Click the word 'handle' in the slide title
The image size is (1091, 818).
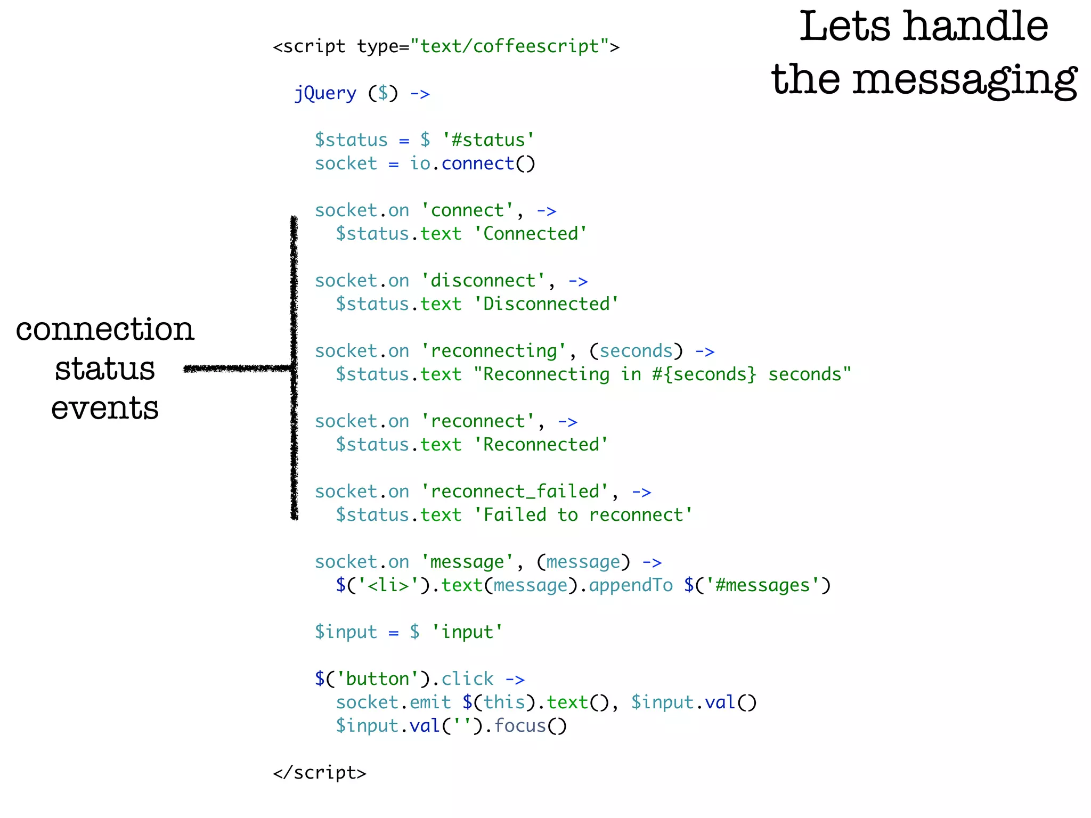coord(976,27)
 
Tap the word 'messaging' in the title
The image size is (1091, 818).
coord(965,80)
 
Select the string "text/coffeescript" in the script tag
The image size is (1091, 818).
coord(510,47)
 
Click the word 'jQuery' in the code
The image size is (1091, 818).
coord(325,94)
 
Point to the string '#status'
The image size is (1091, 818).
coord(488,140)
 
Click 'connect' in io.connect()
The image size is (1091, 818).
coord(477,163)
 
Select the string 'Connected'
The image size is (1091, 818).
coord(530,234)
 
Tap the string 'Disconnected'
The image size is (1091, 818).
coord(546,304)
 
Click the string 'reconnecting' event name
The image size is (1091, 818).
coord(493,351)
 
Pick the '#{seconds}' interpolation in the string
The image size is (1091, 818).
coord(704,374)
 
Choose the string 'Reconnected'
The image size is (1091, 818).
coord(541,445)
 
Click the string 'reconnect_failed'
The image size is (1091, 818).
coord(515,492)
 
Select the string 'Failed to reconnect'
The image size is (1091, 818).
coord(583,515)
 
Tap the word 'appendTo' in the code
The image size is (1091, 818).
coord(631,585)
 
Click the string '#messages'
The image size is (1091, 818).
coord(762,585)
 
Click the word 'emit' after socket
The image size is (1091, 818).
coord(430,702)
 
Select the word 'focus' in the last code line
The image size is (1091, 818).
coord(520,726)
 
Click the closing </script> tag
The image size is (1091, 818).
coord(320,773)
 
